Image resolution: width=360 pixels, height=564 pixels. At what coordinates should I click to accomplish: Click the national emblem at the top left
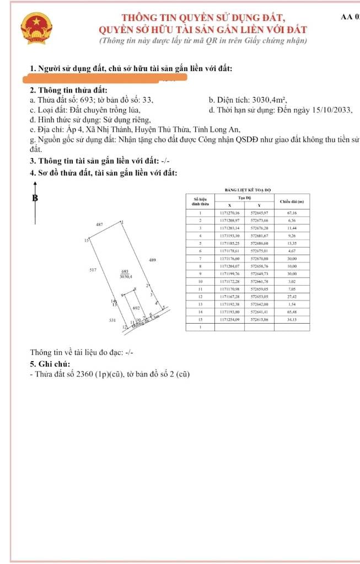coord(34,29)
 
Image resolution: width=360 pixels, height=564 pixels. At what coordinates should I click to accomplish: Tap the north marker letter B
coord(35,198)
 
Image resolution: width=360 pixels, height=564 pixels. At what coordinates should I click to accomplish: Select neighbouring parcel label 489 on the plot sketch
coord(153,260)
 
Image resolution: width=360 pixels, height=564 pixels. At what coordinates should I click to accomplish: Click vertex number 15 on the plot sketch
coord(86,241)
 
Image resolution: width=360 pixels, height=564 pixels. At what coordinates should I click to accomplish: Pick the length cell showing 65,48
coord(292,311)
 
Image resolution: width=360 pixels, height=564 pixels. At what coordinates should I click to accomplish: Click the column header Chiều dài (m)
coord(292,201)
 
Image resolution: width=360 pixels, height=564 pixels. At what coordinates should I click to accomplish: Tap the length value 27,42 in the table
coord(292,297)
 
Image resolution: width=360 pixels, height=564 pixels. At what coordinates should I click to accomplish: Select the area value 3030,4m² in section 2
coord(268,100)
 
